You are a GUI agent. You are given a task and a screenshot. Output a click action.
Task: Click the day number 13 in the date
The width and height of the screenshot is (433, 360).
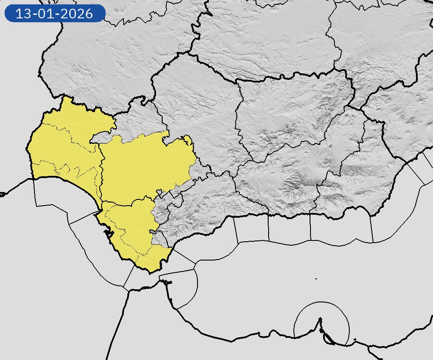point(23,14)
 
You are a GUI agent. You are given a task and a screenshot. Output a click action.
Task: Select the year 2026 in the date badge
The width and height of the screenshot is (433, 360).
point(77,14)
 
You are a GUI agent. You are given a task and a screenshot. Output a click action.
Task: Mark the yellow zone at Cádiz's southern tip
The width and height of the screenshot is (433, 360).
point(153,260)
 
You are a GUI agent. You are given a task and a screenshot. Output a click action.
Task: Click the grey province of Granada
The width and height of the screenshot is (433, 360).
point(288,175)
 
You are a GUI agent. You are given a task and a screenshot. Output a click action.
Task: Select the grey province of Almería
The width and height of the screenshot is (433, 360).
point(371,166)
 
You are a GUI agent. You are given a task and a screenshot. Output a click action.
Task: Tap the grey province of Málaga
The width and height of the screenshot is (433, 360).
point(205,205)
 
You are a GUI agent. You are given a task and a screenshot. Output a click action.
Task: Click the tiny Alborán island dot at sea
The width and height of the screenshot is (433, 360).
point(316,278)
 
